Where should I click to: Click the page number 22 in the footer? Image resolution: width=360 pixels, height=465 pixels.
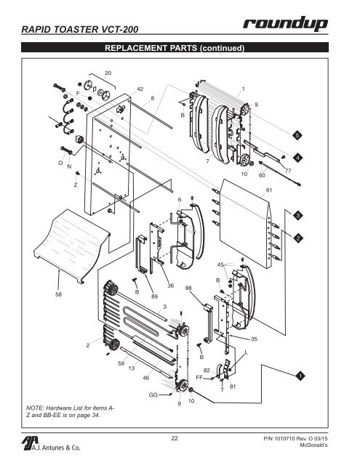[175, 437]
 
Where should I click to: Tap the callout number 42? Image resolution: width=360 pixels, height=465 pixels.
[140, 89]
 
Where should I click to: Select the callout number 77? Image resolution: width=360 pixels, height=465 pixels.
[287, 170]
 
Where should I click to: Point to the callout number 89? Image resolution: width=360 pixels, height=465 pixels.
[155, 296]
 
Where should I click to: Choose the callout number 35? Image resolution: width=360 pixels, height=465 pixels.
[255, 339]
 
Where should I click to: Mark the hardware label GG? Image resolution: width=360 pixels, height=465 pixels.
[153, 393]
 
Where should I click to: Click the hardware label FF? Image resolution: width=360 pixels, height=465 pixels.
[199, 378]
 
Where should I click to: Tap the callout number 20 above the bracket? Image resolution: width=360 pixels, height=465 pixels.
[108, 73]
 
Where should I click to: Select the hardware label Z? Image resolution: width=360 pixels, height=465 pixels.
[75, 185]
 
